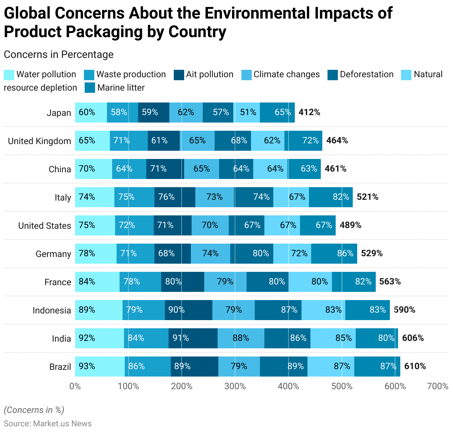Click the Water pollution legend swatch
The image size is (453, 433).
click(9, 75)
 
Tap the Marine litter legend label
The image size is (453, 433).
click(121, 88)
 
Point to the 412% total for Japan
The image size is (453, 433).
click(309, 112)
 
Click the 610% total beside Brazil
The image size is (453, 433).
click(415, 366)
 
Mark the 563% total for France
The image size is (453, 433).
click(390, 281)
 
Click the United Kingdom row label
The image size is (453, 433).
click(39, 141)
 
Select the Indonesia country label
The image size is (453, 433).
click(52, 310)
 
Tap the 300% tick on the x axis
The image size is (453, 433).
click(235, 386)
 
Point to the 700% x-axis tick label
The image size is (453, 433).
click(438, 386)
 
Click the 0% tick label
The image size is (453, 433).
click(75, 386)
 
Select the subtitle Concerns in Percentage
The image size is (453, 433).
click(59, 55)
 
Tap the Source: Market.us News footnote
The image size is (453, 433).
click(48, 424)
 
